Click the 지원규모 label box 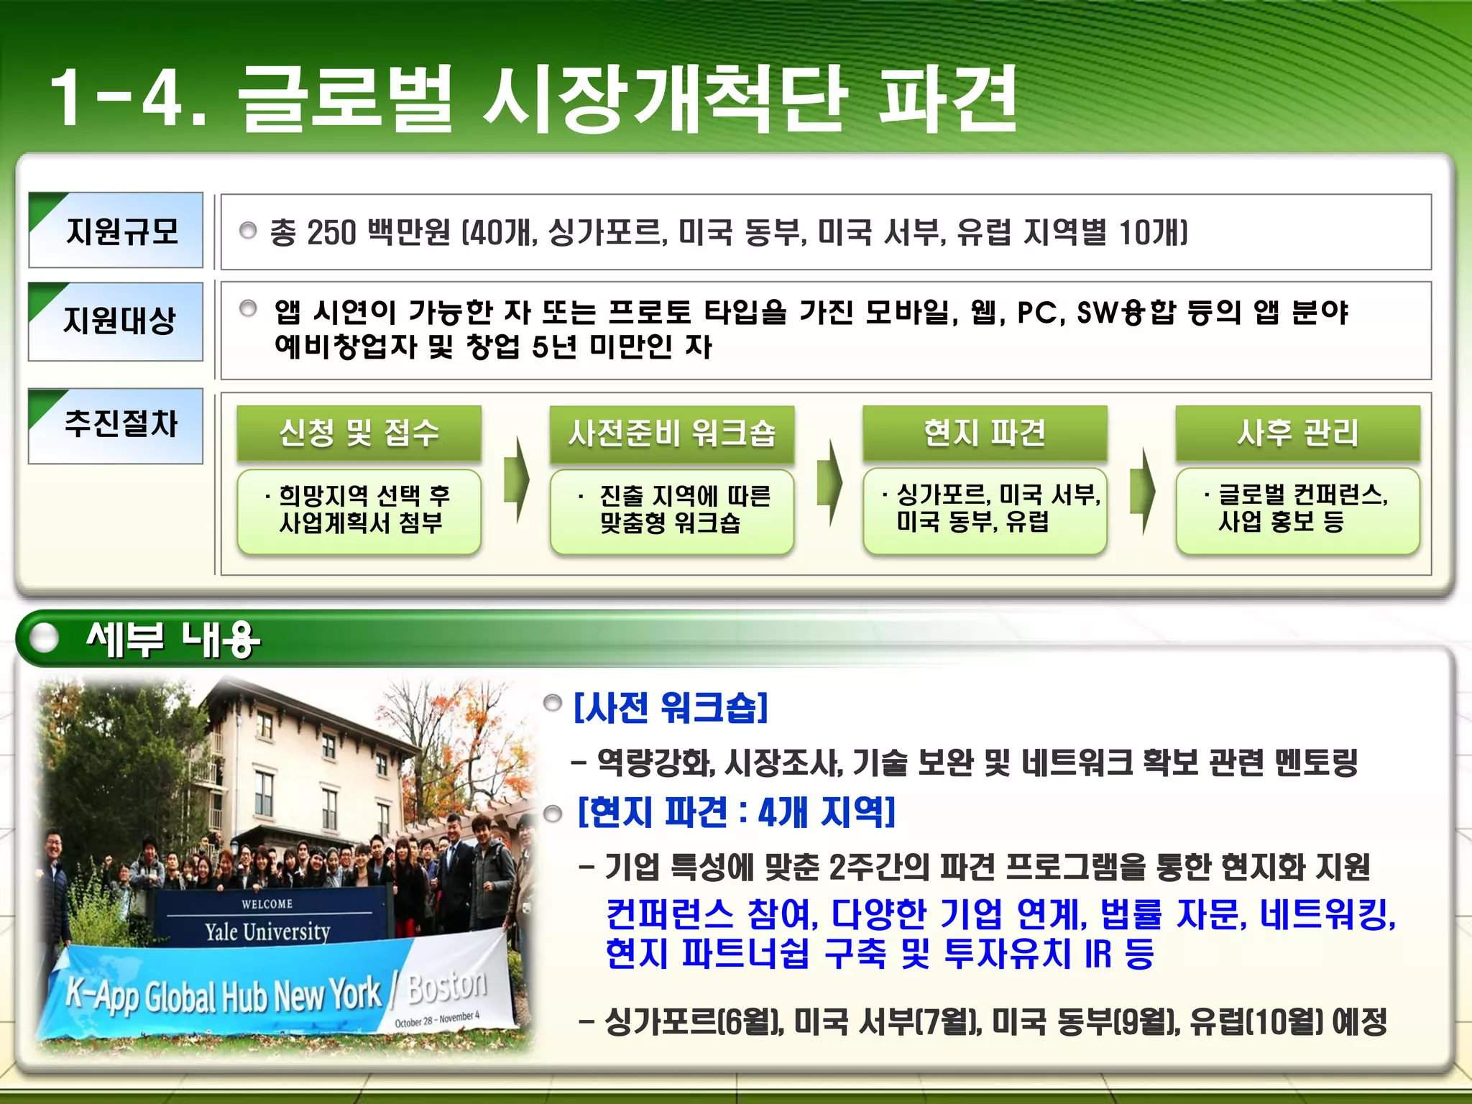pos(116,231)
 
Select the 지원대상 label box pos(116,321)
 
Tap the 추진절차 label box pos(116,425)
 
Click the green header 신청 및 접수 pos(359,433)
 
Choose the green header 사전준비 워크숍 pos(672,433)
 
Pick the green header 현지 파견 pos(985,433)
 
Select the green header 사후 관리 pos(1298,433)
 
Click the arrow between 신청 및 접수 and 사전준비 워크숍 pos(516,480)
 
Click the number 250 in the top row pos(331,233)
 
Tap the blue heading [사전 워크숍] pos(671,707)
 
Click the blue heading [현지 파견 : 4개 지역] pos(737,813)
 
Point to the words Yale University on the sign pos(267,932)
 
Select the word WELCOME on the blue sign pos(267,903)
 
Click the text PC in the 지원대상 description pos(1037,313)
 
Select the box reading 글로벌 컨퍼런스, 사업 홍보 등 pos(1298,510)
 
